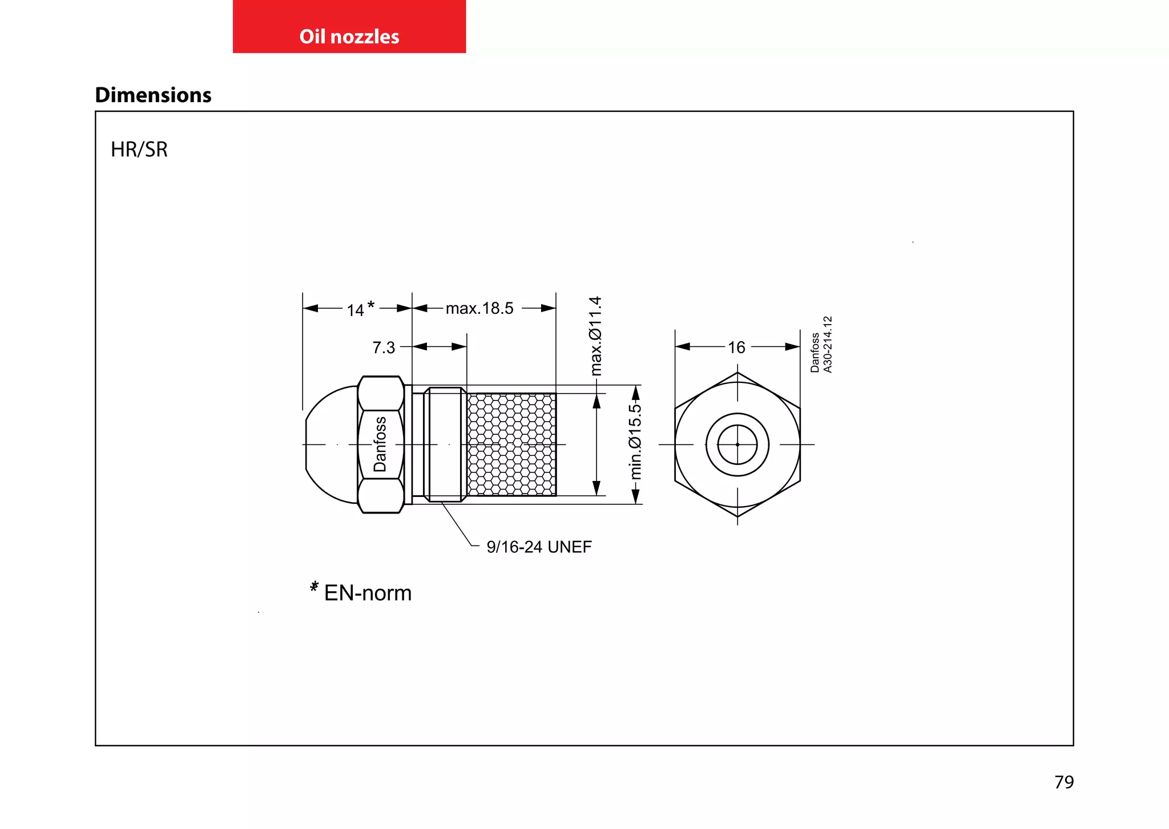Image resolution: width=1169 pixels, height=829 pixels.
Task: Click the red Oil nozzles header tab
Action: pos(349,27)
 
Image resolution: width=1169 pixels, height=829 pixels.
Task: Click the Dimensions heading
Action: pos(153,95)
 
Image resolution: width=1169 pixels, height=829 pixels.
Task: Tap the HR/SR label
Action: pos(139,149)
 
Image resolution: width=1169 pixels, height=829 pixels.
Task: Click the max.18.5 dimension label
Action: pos(479,309)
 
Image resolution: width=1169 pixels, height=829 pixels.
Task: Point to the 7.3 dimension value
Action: pos(384,347)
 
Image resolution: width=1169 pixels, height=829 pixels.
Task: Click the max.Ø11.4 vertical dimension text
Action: pos(595,335)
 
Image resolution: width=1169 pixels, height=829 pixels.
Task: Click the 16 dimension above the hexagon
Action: pos(736,347)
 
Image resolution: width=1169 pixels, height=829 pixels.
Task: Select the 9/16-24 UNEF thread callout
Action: pos(539,547)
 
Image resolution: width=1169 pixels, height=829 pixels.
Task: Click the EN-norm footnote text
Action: pos(368,593)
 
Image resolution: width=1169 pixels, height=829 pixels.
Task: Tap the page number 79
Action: pos(1064,782)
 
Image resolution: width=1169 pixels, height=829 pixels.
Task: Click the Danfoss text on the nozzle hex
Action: pos(380,444)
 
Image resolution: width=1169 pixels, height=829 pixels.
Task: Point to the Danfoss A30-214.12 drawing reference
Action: pos(821,345)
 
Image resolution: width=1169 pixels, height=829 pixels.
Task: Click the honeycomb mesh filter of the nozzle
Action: pos(511,444)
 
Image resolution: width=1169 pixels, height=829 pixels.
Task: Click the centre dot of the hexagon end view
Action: pos(737,444)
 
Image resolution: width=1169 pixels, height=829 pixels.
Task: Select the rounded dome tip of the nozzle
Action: pos(328,444)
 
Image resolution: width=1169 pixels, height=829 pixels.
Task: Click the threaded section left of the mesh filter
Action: pos(445,444)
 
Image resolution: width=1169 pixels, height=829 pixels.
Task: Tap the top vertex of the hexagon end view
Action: pos(737,373)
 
